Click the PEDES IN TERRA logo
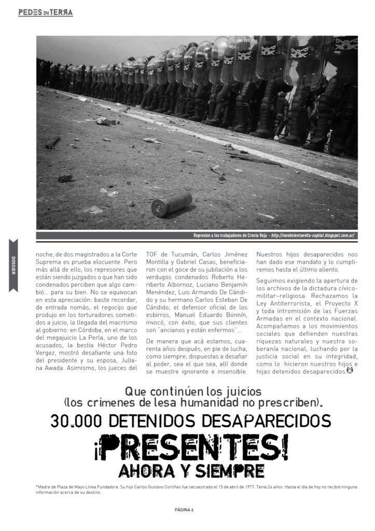point(45,12)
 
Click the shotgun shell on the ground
point(171,204)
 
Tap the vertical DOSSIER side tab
point(13,265)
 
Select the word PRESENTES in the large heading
point(194,448)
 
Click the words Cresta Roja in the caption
point(253,235)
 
